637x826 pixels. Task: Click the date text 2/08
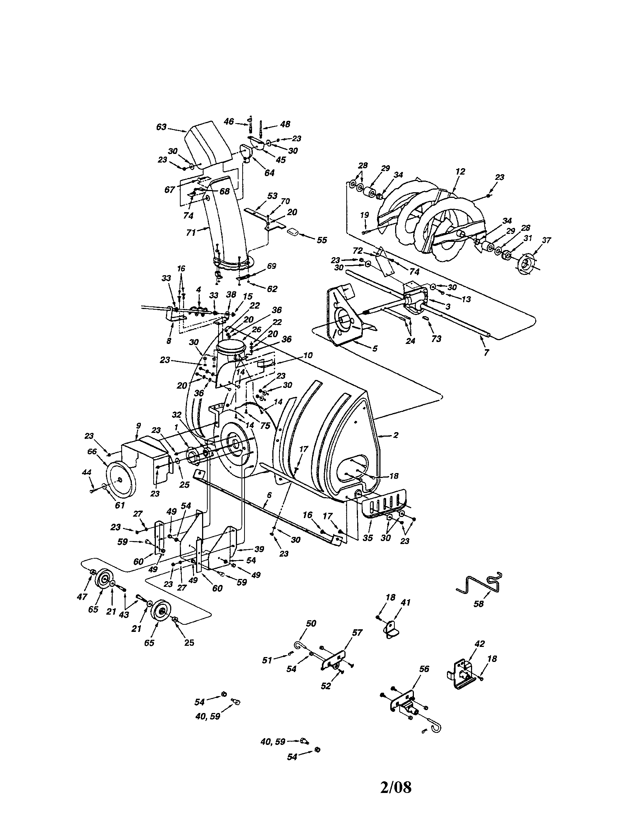click(x=395, y=787)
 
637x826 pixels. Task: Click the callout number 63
click(x=161, y=127)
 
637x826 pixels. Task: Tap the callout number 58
click(x=479, y=604)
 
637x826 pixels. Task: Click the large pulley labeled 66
click(x=118, y=480)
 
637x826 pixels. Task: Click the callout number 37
click(x=546, y=240)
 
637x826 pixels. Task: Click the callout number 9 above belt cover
click(x=139, y=426)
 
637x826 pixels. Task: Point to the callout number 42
click(x=480, y=644)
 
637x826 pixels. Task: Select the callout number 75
click(x=265, y=426)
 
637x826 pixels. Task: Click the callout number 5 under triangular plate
click(x=374, y=349)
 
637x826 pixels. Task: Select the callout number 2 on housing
click(x=395, y=435)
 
